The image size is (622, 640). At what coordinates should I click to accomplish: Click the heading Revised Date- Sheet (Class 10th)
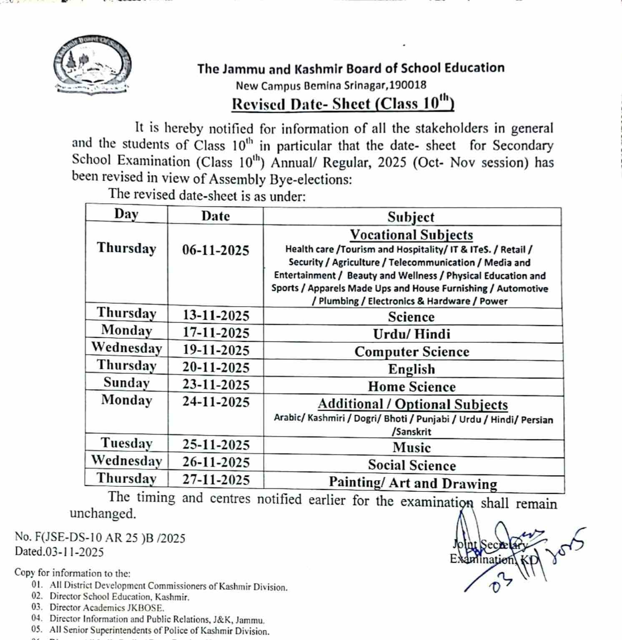coord(342,103)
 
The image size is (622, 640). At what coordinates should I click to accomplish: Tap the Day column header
coord(126,214)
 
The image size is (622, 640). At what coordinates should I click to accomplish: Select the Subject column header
coord(411,217)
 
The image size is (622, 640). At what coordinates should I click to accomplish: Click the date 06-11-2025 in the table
coord(216,250)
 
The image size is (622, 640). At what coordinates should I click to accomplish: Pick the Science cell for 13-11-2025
coord(411,317)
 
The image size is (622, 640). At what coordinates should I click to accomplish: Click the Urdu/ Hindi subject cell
coord(411,334)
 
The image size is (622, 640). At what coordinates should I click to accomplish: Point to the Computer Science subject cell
coord(411,352)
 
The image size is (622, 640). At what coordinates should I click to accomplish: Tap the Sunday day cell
coord(126,383)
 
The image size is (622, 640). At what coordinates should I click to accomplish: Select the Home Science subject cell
coord(411,387)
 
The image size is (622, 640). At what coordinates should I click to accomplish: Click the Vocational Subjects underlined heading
coord(411,235)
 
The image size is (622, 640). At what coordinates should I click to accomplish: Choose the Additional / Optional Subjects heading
coord(412,404)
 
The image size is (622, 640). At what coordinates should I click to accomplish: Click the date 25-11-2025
coord(216,445)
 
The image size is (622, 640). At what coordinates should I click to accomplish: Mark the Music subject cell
coord(411,448)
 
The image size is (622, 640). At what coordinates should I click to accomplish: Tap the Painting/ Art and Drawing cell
coord(413,483)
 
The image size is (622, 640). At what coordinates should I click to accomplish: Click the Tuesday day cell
coord(126,443)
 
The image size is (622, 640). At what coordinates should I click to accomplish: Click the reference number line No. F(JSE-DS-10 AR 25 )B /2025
coord(100,538)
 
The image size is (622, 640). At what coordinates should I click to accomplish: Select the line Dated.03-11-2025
coord(59,552)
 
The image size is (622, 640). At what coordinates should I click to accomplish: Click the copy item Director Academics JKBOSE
coord(107,608)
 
